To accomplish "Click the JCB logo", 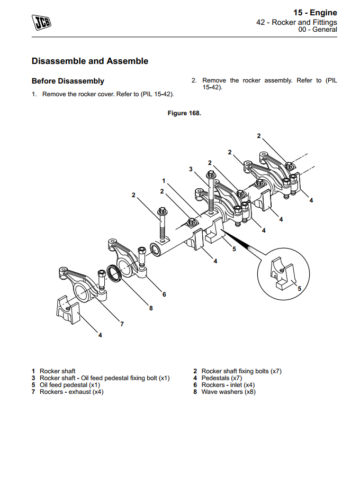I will click(43, 23).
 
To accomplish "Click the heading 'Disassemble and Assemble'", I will click(90, 61).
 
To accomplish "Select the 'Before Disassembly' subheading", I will click(68, 81).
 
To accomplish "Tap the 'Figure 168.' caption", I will click(184, 113).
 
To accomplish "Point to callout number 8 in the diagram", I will click(151, 309).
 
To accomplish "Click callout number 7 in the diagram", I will click(122, 324).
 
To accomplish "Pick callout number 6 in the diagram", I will click(164, 294).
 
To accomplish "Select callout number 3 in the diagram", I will click(191, 169).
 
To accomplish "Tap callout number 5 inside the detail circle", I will click(299, 289).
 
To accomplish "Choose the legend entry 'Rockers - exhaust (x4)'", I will click(71, 392).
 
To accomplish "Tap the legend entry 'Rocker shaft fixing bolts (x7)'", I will click(241, 371).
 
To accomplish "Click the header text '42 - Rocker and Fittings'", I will click(296, 23).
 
